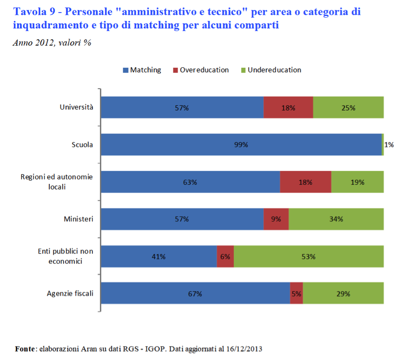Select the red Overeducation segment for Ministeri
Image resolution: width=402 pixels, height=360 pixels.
[276, 219]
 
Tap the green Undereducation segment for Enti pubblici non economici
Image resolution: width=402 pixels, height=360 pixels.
[309, 256]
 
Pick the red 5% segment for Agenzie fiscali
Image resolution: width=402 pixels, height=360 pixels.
[297, 294]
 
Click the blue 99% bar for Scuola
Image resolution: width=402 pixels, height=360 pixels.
[241, 144]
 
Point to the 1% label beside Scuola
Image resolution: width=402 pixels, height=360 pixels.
[389, 144]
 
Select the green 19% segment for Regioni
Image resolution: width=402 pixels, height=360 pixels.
[357, 182]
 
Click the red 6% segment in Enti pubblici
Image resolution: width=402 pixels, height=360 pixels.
[225, 256]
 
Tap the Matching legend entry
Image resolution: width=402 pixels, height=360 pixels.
[142, 70]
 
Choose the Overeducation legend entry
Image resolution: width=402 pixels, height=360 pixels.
[201, 70]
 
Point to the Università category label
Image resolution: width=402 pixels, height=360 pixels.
[77, 107]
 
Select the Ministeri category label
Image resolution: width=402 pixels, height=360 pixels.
[79, 219]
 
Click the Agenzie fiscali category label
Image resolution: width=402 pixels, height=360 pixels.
[70, 293]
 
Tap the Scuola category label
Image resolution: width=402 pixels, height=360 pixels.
[82, 144]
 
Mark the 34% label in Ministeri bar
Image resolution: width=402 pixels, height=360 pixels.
[336, 219]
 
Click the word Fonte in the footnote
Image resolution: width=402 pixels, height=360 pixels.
[25, 348]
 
